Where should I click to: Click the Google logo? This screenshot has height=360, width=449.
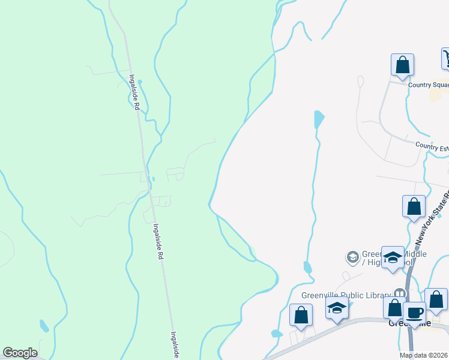pyautogui.click(x=20, y=353)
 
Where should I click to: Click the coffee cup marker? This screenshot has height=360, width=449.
pyautogui.click(x=415, y=313)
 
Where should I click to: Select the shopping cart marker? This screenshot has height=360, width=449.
pyautogui.click(x=447, y=59)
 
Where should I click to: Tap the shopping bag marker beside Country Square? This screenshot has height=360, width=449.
pyautogui.click(x=402, y=65)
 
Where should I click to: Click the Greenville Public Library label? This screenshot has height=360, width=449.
pyautogui.click(x=345, y=295)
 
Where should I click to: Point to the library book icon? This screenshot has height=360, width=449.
pyautogui.click(x=398, y=293)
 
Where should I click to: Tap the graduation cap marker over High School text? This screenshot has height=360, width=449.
pyautogui.click(x=393, y=258)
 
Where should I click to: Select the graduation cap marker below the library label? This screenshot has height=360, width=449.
pyautogui.click(x=337, y=309)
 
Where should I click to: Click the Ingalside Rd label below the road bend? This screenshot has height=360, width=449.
pyautogui.click(x=158, y=241)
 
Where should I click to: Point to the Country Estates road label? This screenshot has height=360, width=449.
pyautogui.click(x=432, y=146)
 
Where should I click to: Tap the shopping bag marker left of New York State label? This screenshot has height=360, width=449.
pyautogui.click(x=414, y=206)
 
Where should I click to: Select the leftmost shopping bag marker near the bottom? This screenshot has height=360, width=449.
pyautogui.click(x=301, y=314)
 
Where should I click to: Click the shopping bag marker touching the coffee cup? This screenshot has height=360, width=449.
pyautogui.click(x=394, y=308)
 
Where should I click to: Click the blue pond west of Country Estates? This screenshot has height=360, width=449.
pyautogui.click(x=318, y=118)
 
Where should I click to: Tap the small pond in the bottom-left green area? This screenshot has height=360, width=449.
pyautogui.click(x=44, y=326)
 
